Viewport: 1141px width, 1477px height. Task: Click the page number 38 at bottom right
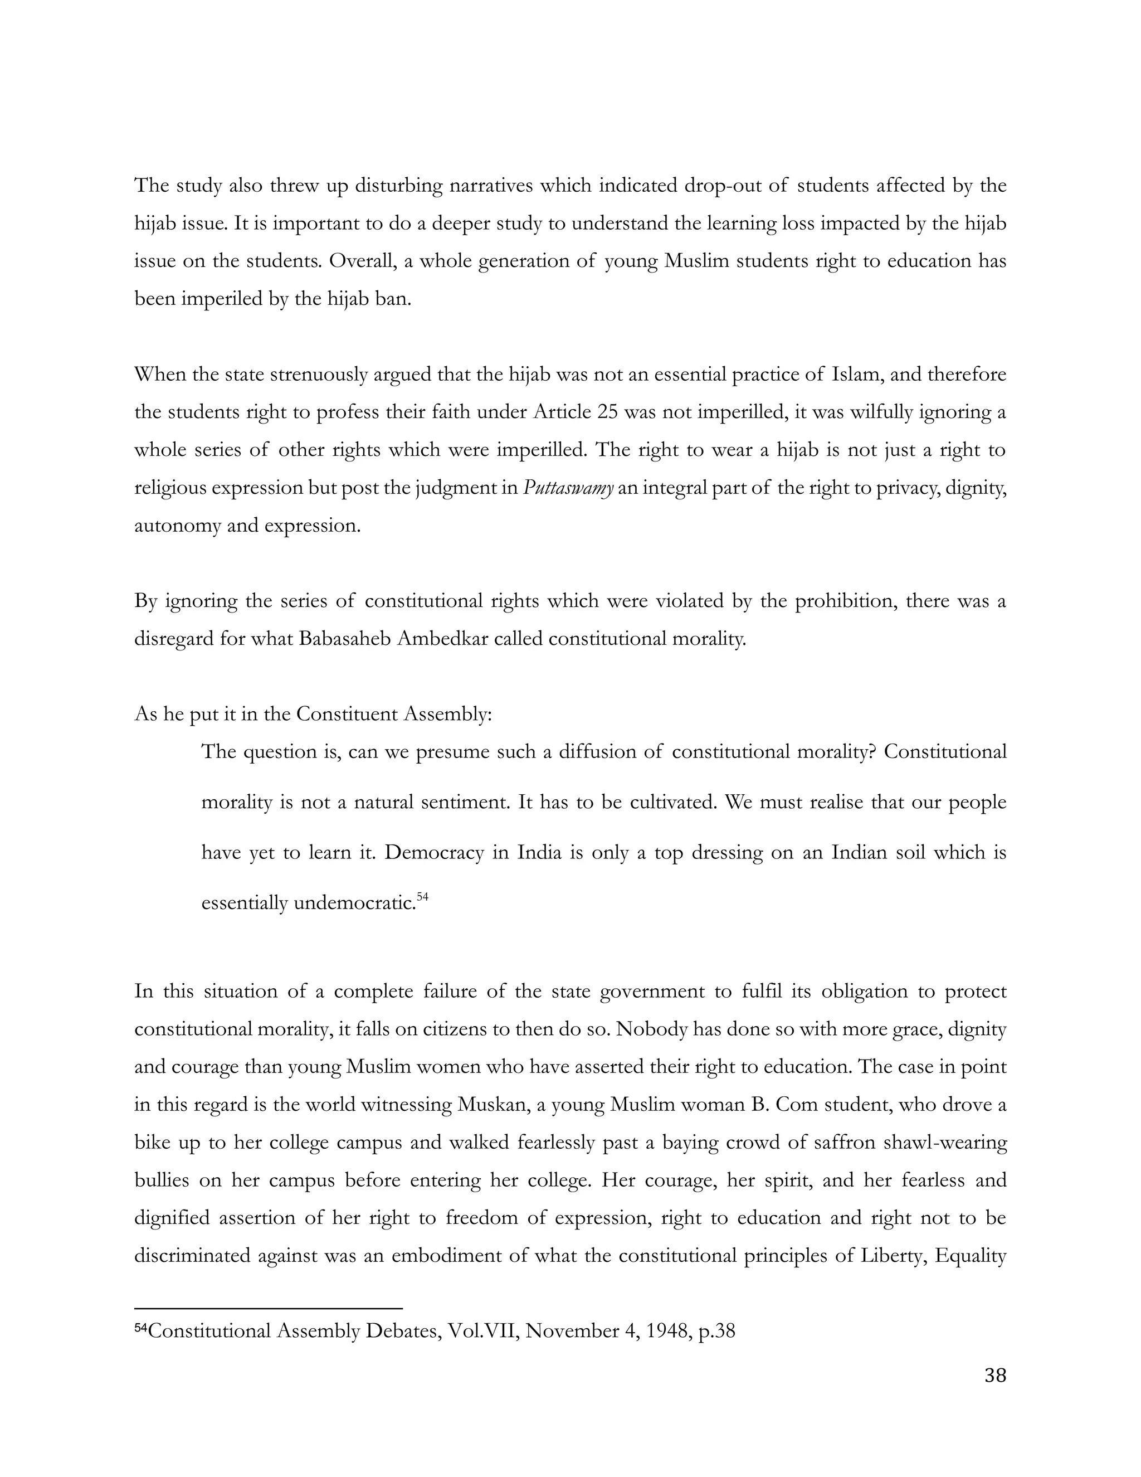[x=995, y=1376]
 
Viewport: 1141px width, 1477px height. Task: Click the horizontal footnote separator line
[x=269, y=1309]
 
